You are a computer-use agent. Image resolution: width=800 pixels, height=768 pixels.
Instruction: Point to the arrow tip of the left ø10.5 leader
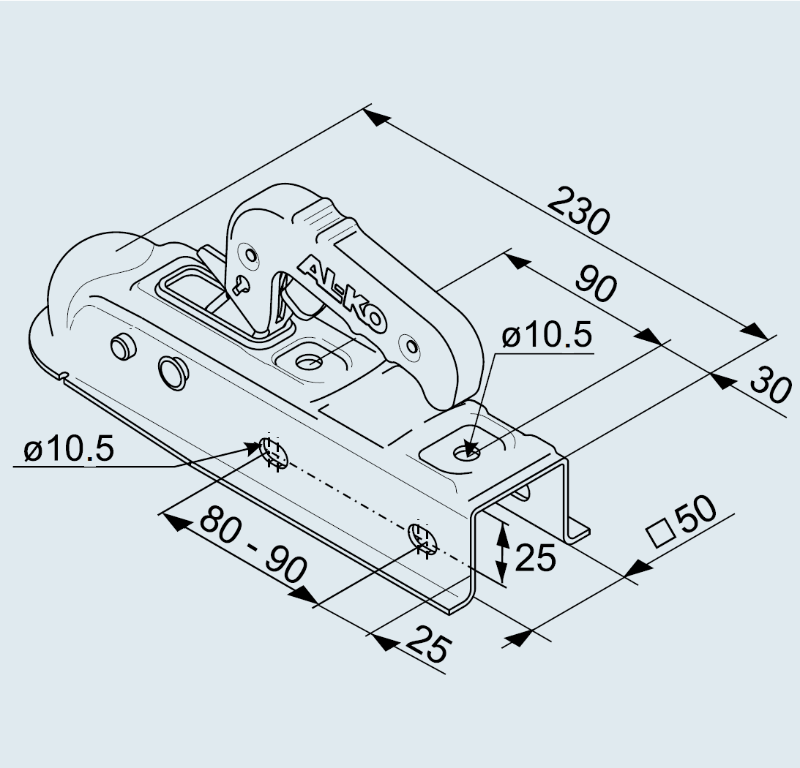click(x=261, y=446)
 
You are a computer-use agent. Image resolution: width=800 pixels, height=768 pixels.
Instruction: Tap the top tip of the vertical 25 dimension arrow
click(x=503, y=523)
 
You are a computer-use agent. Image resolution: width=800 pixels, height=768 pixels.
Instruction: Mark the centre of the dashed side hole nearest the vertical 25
click(x=422, y=540)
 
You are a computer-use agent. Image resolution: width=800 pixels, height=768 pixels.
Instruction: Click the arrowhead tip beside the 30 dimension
click(x=710, y=374)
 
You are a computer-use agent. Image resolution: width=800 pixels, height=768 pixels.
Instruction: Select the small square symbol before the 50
click(x=661, y=533)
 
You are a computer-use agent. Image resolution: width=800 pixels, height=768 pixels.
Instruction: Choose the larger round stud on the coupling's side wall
click(x=173, y=373)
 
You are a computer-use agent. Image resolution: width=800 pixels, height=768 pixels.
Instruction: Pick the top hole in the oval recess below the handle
click(x=309, y=363)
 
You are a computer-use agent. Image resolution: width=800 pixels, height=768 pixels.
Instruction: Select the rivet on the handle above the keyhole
click(x=250, y=254)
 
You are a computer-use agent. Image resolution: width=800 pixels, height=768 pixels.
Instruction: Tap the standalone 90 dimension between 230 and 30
click(x=596, y=282)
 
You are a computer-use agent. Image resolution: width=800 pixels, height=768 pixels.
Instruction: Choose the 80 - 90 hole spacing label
click(x=253, y=543)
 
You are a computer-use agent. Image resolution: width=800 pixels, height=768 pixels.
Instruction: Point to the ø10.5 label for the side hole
click(x=69, y=449)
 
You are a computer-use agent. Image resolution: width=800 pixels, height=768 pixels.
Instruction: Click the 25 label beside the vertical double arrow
click(x=535, y=557)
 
